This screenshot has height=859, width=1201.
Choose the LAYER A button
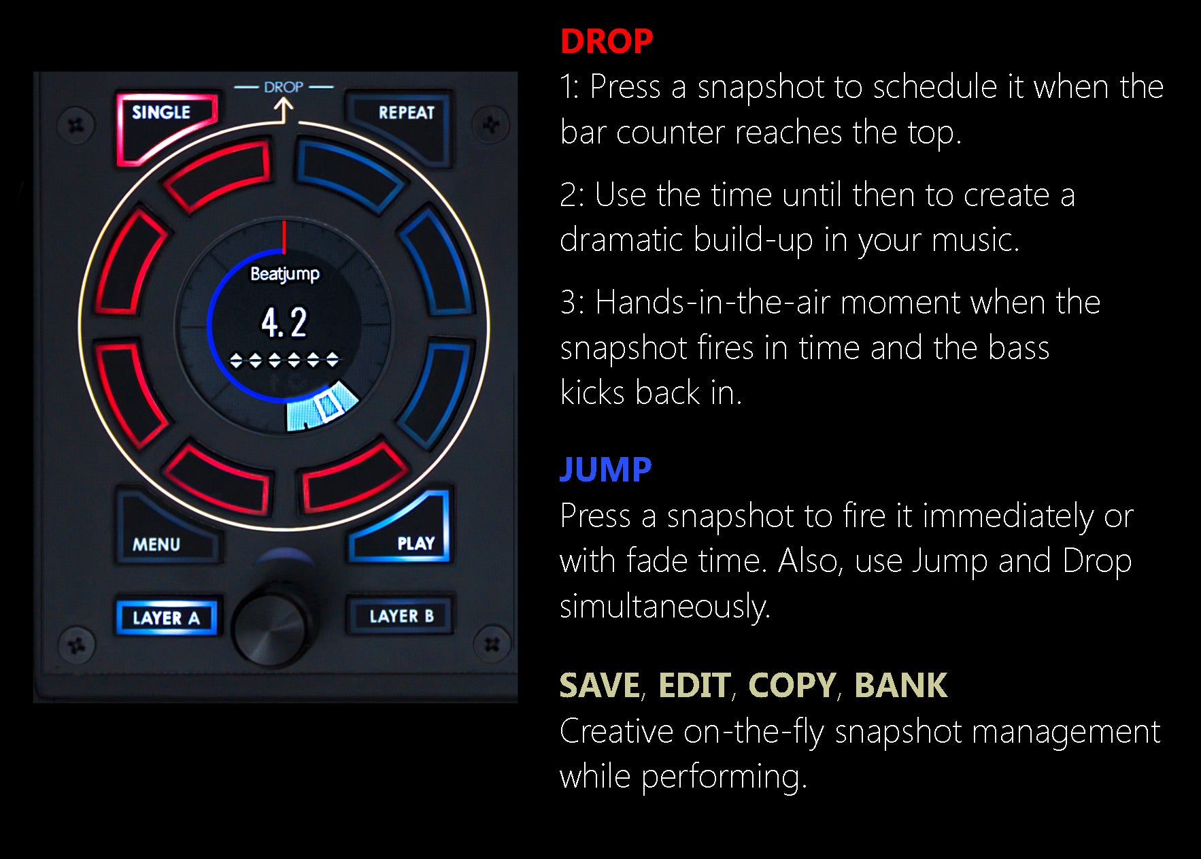click(167, 618)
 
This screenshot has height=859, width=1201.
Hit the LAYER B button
click(401, 616)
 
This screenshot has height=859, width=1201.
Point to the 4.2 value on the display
click(284, 323)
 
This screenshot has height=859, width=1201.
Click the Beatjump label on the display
click(285, 274)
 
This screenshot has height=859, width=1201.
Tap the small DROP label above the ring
click(284, 87)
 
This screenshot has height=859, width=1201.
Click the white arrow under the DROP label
click(284, 110)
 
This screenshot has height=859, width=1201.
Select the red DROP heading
click(607, 41)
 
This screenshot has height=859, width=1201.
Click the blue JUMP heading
click(605, 469)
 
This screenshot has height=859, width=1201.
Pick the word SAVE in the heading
click(600, 685)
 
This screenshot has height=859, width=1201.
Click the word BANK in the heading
click(900, 685)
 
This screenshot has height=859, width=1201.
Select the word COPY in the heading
click(792, 685)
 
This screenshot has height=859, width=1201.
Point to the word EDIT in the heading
click(694, 685)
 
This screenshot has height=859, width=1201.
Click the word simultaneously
click(664, 606)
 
